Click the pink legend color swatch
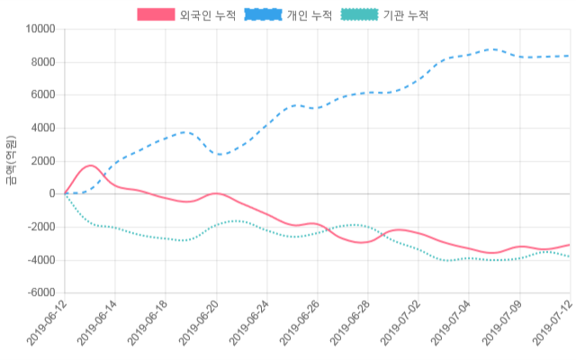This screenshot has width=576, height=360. (156, 15)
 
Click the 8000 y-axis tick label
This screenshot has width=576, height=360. (42, 62)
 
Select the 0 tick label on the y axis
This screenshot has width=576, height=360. (52, 194)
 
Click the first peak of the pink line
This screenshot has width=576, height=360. (90, 166)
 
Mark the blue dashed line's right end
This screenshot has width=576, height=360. (569, 56)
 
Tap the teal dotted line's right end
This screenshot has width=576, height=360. (569, 256)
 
